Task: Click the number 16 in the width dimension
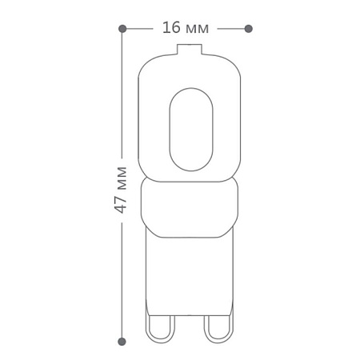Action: click(171, 28)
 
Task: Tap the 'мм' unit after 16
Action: click(197, 29)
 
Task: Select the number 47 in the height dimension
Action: click(121, 205)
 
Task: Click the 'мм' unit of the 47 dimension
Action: click(122, 178)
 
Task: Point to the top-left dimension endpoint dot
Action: click(122, 29)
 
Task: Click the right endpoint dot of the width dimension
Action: click(248, 29)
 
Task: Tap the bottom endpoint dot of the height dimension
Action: click(122, 341)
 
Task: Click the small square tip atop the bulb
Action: click(190, 50)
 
